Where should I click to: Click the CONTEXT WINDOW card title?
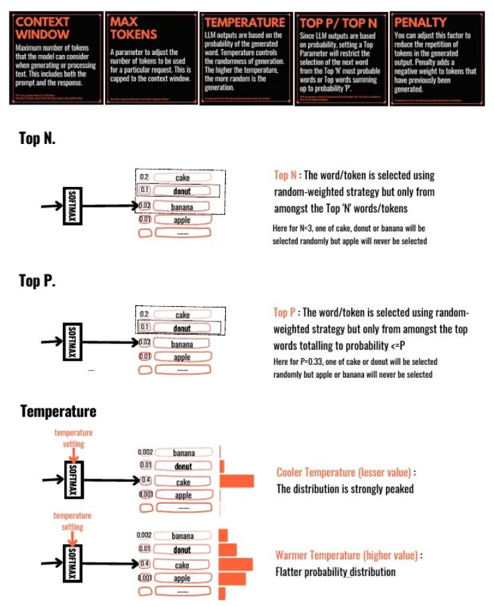(42, 27)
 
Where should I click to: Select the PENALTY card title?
(420, 22)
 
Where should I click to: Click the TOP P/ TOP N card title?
(338, 23)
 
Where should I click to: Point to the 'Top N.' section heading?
(37, 139)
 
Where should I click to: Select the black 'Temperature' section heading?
(58, 410)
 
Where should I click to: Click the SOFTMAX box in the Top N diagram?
(72, 206)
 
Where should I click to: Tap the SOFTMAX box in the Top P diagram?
(72, 342)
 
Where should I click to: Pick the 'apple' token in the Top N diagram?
(182, 219)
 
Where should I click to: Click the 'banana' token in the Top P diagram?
(182, 344)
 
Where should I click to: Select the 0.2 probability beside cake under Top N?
(144, 178)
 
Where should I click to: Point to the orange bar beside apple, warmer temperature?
(232, 578)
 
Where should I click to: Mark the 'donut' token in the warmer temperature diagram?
(182, 550)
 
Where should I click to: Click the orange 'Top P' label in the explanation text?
(284, 313)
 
